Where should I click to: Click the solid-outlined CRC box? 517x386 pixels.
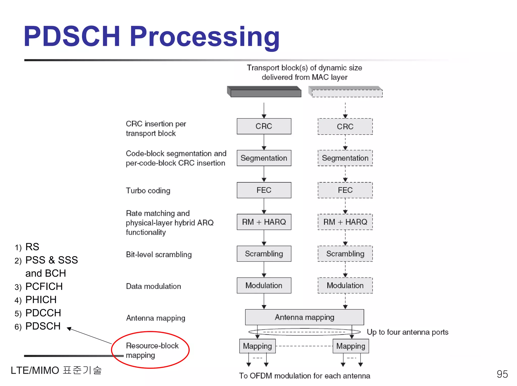pos(264,126)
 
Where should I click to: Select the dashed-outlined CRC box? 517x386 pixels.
pos(345,127)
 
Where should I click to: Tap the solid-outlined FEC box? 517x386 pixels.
pos(264,190)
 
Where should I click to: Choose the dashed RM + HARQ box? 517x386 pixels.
pos(345,222)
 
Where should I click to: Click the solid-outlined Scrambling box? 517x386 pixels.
pos(264,254)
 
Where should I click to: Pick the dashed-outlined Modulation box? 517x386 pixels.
pos(345,285)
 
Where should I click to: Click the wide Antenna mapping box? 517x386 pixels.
pos(304,317)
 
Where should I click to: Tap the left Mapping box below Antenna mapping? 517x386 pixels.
pos(257,346)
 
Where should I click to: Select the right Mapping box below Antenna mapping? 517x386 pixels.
pos(351,346)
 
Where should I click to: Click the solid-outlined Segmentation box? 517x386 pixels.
pos(264,158)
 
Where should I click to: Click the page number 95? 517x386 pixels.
pos(502,374)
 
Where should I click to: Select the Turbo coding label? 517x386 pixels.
pos(148,191)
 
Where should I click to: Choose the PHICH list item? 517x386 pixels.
pos(41,300)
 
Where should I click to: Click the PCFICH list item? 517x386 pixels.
pos(44,286)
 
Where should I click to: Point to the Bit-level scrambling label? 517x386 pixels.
pos(159,255)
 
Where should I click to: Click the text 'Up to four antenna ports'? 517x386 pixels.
pos(407,332)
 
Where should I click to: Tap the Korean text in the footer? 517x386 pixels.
pos(82,370)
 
